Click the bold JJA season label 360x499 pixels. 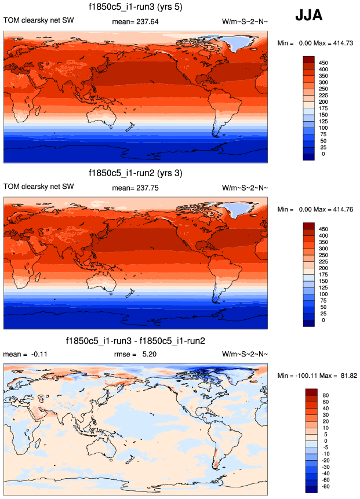[313, 16]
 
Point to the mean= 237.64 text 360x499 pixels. [135, 21]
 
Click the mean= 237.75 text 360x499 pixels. [135, 188]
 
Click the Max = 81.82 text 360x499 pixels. [339, 376]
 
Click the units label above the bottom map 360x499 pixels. [245, 354]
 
